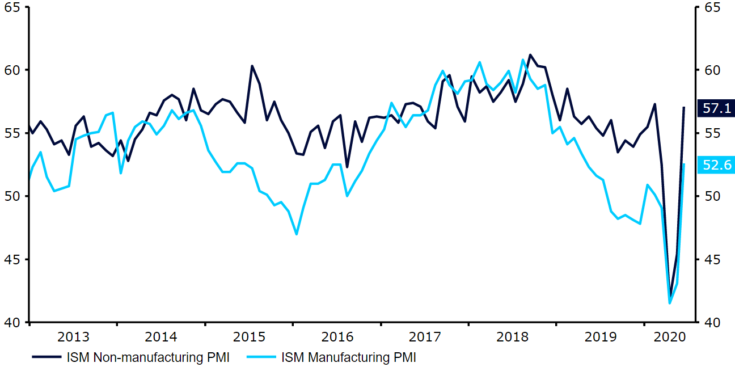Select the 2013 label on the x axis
pyautogui.click(x=74, y=337)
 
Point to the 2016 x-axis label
pyautogui.click(x=337, y=337)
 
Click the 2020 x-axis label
pyautogui.click(x=670, y=337)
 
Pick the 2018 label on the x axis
pyautogui.click(x=513, y=337)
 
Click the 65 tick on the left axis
pyautogui.click(x=12, y=7)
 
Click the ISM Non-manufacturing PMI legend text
pyautogui.click(x=148, y=357)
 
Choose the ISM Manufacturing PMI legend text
pyautogui.click(x=349, y=357)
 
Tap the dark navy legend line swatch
pyautogui.click(x=47, y=357)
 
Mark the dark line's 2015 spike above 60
pyautogui.click(x=252, y=66)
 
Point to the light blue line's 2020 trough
pyautogui.click(x=669, y=303)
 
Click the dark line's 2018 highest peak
pyautogui.click(x=530, y=55)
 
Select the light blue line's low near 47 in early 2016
pyautogui.click(x=296, y=234)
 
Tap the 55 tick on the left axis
pyautogui.click(x=12, y=133)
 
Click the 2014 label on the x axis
pyautogui.click(x=161, y=337)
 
